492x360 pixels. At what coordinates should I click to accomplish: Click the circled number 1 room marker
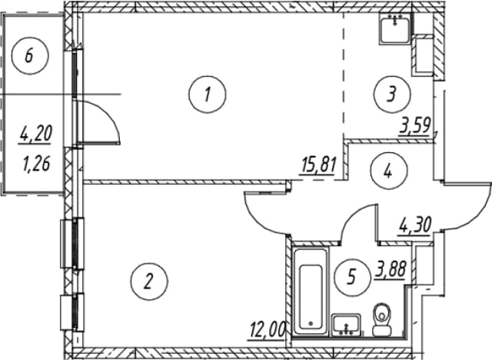[208, 94]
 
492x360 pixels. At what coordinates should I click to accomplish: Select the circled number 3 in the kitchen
[392, 94]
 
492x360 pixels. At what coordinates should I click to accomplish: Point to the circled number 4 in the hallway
[389, 171]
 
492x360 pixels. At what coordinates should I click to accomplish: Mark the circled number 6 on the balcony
[30, 56]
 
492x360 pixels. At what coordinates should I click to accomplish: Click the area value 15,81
[318, 165]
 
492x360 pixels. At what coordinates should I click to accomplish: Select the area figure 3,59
[414, 126]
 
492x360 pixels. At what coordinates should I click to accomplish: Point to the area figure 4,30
[415, 225]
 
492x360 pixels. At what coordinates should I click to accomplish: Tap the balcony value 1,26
[36, 163]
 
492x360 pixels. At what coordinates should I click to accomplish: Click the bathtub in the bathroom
[311, 292]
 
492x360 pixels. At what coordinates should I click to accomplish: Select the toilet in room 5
[382, 319]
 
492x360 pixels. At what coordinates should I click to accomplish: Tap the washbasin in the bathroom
[346, 325]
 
